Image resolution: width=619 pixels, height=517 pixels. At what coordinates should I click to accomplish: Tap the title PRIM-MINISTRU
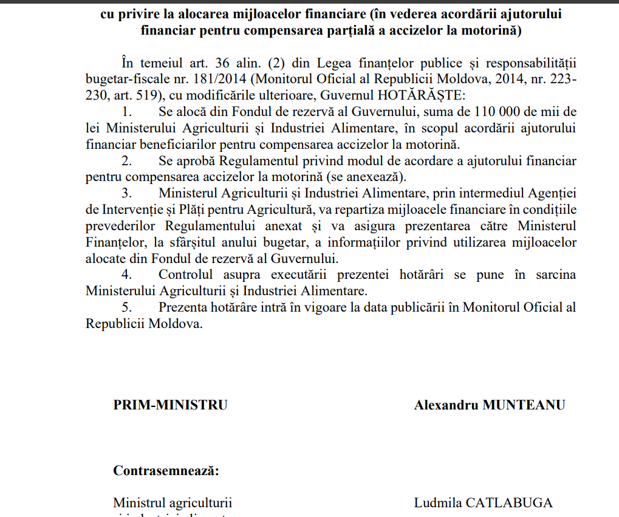click(x=170, y=405)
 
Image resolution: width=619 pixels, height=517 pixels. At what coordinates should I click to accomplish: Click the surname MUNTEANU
click(x=524, y=405)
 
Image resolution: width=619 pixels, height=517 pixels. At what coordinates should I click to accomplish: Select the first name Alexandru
click(x=446, y=405)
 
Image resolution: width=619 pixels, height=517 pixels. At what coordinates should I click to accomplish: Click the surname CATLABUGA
click(x=509, y=503)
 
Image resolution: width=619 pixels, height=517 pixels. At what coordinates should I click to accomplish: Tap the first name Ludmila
click(x=437, y=503)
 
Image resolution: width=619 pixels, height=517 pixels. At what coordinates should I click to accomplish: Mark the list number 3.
click(x=126, y=194)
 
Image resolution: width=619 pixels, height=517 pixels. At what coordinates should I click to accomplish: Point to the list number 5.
click(x=126, y=307)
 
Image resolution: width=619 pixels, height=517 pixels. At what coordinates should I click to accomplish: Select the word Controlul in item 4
click(x=189, y=275)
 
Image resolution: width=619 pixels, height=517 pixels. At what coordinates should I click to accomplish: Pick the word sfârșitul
click(x=176, y=242)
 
